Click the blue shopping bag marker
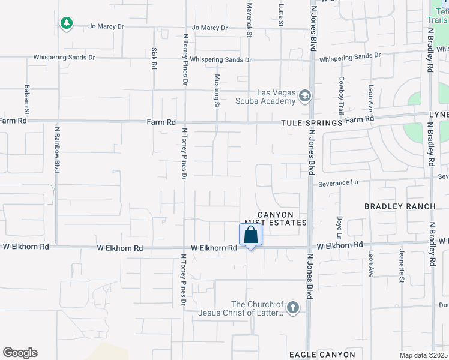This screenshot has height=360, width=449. point(250,235)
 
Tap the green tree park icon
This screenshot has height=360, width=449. point(67,23)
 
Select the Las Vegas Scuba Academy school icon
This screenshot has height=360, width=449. point(305,96)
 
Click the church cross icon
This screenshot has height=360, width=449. point(292,308)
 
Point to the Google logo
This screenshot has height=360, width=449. point(20,353)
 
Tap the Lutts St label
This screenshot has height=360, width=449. point(280,14)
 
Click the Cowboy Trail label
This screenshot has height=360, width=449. point(341,95)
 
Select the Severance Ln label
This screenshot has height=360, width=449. point(338,183)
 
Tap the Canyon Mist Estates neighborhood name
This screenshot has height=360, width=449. point(276,218)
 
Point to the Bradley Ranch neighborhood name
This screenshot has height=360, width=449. point(400,206)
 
